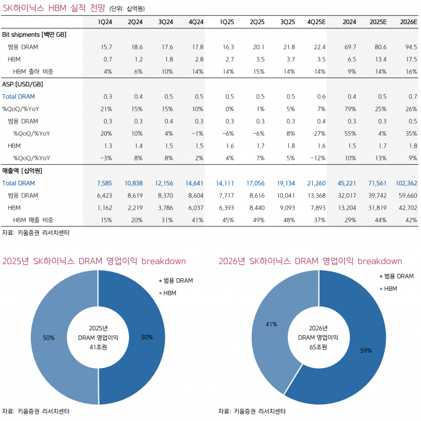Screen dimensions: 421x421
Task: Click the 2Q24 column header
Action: coord(135,22)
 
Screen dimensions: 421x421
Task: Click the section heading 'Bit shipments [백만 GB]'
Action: coord(34,34)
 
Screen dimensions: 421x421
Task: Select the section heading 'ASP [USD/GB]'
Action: coord(23,84)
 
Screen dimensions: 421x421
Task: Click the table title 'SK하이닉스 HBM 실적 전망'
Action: coord(54,7)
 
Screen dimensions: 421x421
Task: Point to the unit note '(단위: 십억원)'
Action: coord(130,8)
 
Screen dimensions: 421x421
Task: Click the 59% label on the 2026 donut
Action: coord(366,350)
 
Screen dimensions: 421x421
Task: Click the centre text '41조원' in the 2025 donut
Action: coord(98,347)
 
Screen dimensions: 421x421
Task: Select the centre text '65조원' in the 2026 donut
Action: coord(319,347)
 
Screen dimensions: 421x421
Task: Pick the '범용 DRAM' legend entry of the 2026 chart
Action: coord(398,276)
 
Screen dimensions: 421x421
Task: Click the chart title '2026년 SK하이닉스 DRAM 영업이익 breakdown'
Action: coord(310,261)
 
